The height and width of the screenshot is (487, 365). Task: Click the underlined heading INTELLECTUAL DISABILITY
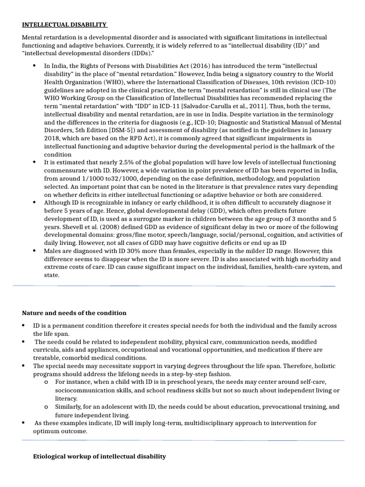click(65, 25)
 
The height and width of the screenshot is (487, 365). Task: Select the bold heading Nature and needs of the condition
click(74, 313)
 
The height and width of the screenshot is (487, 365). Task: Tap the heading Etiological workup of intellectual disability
click(99, 456)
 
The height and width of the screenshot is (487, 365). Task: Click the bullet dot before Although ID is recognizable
click(35, 203)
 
